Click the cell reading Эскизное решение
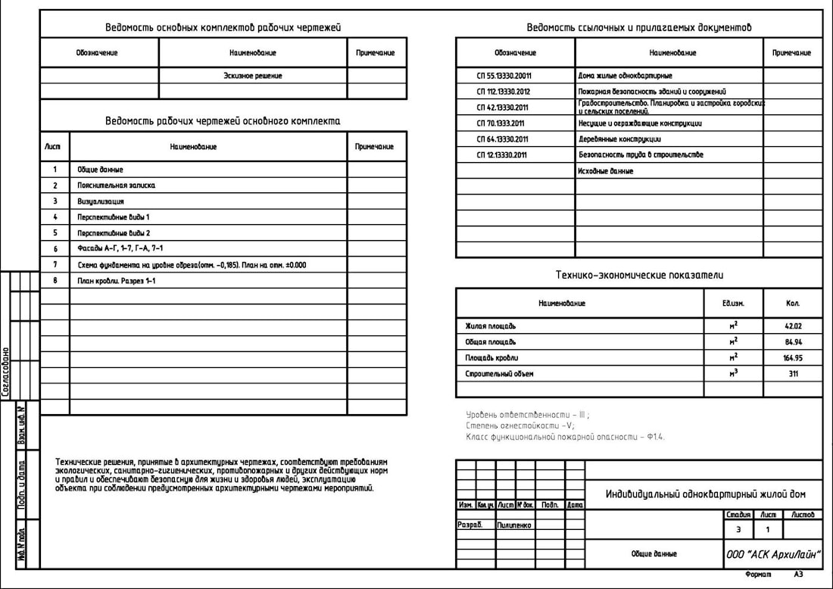253,76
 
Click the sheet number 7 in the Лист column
55,265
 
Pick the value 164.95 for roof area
793,357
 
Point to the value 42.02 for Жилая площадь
793,326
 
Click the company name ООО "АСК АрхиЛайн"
772,554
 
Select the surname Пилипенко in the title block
514,525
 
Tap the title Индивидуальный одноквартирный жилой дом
705,494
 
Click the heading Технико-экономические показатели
638,276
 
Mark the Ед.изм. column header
734,303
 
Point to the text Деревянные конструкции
619,139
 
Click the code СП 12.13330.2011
502,155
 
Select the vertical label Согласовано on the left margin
6,372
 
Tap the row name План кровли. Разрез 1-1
116,281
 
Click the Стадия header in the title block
738,515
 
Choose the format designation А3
798,575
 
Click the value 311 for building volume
793,374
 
